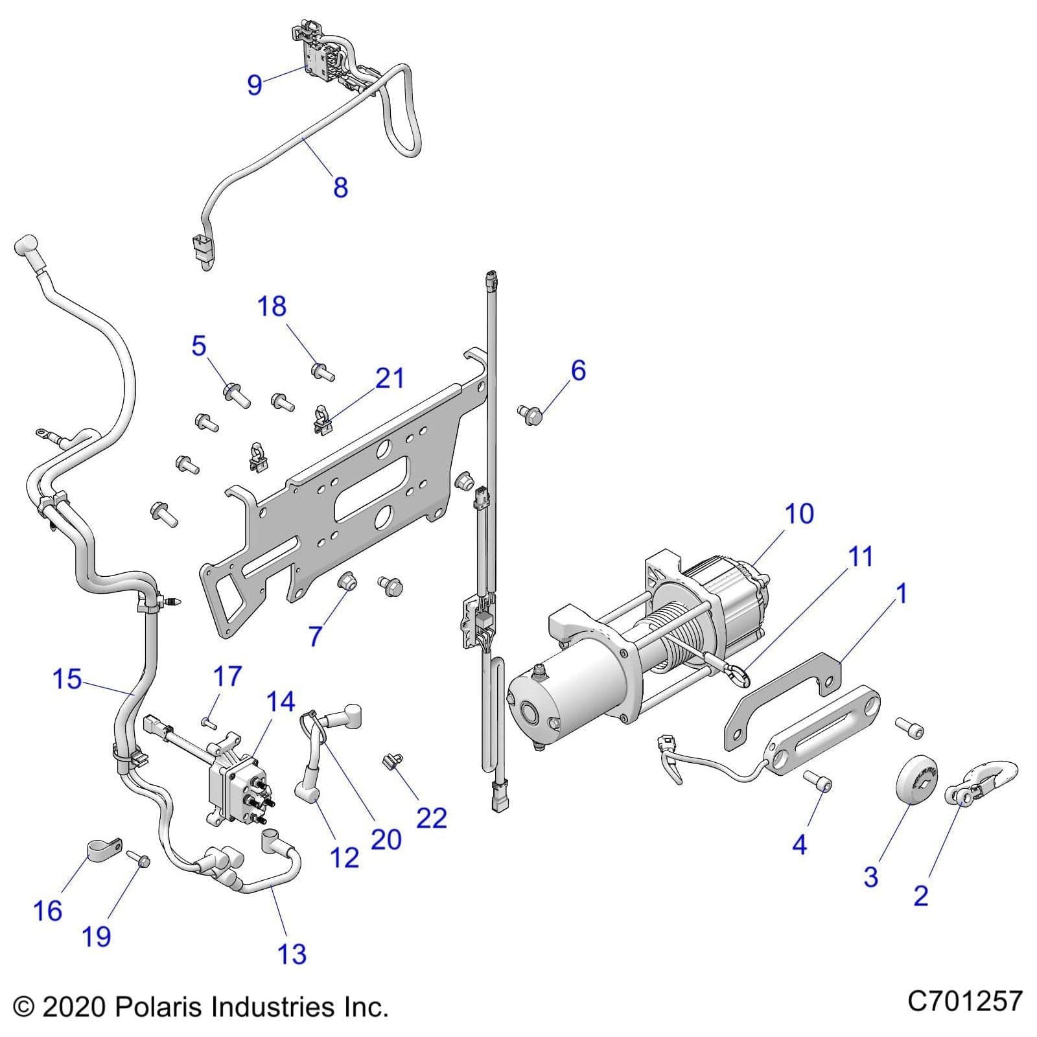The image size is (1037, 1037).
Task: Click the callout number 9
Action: click(255, 84)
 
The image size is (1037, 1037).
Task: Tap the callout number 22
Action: click(431, 819)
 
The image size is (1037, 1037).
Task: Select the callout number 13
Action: click(291, 954)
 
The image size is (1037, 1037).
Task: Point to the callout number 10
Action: click(798, 514)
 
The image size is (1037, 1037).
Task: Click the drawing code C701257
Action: click(964, 1001)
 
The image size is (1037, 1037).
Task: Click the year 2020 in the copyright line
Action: click(73, 1007)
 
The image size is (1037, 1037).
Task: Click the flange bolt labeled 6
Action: click(531, 415)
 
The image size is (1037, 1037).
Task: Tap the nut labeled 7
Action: click(347, 581)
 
